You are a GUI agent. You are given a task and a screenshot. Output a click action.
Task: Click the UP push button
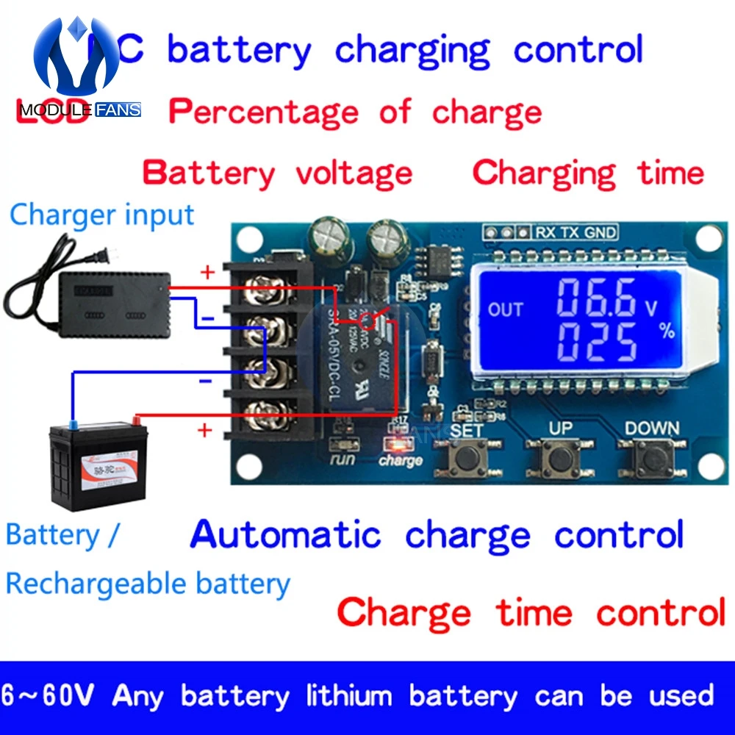pos(560,460)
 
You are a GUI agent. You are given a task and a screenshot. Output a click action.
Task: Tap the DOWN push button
pos(651,462)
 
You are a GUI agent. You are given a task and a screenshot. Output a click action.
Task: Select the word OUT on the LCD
pos(506,309)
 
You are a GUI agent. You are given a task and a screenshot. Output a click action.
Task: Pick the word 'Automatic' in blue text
pos(286,535)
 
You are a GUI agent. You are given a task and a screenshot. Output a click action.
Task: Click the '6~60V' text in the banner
pos(50,695)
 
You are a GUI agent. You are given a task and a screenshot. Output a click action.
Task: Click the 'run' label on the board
pos(343,461)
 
